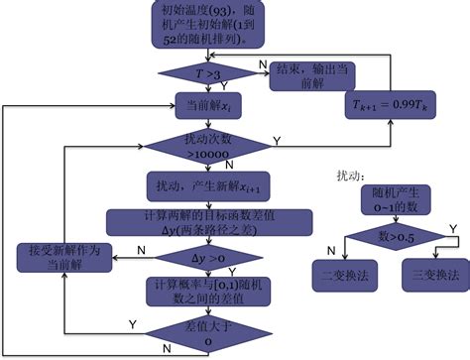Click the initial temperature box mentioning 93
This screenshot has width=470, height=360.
pos(208,25)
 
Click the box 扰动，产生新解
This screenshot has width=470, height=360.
pos(209,185)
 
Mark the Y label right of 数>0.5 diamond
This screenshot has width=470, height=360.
pos(453,229)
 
